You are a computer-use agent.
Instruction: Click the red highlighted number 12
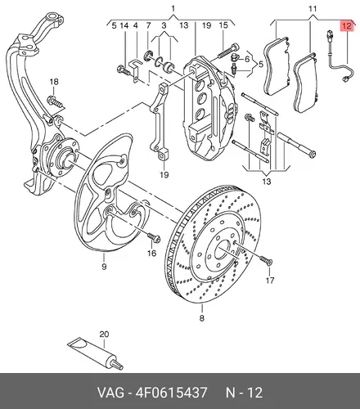[346, 26]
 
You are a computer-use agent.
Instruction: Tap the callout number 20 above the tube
[104, 335]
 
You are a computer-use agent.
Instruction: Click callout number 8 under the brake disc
[201, 318]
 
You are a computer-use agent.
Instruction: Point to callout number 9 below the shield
[104, 267]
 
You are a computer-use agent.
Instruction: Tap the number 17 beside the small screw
[270, 280]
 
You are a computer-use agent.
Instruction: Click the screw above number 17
[266, 260]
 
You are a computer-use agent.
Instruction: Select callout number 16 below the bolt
[151, 254]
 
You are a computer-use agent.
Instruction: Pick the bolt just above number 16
[154, 237]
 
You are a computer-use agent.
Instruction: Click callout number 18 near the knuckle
[54, 82]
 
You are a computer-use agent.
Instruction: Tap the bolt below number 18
[56, 101]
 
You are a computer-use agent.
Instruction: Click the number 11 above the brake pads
[313, 9]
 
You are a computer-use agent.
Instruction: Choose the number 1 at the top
[173, 9]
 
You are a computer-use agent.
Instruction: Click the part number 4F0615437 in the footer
[171, 393]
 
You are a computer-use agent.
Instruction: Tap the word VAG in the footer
[110, 393]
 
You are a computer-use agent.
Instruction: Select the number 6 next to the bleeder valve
[247, 59]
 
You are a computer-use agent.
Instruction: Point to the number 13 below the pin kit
[267, 182]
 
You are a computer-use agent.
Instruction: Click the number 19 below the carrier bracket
[164, 174]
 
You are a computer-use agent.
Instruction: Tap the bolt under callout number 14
[123, 70]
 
